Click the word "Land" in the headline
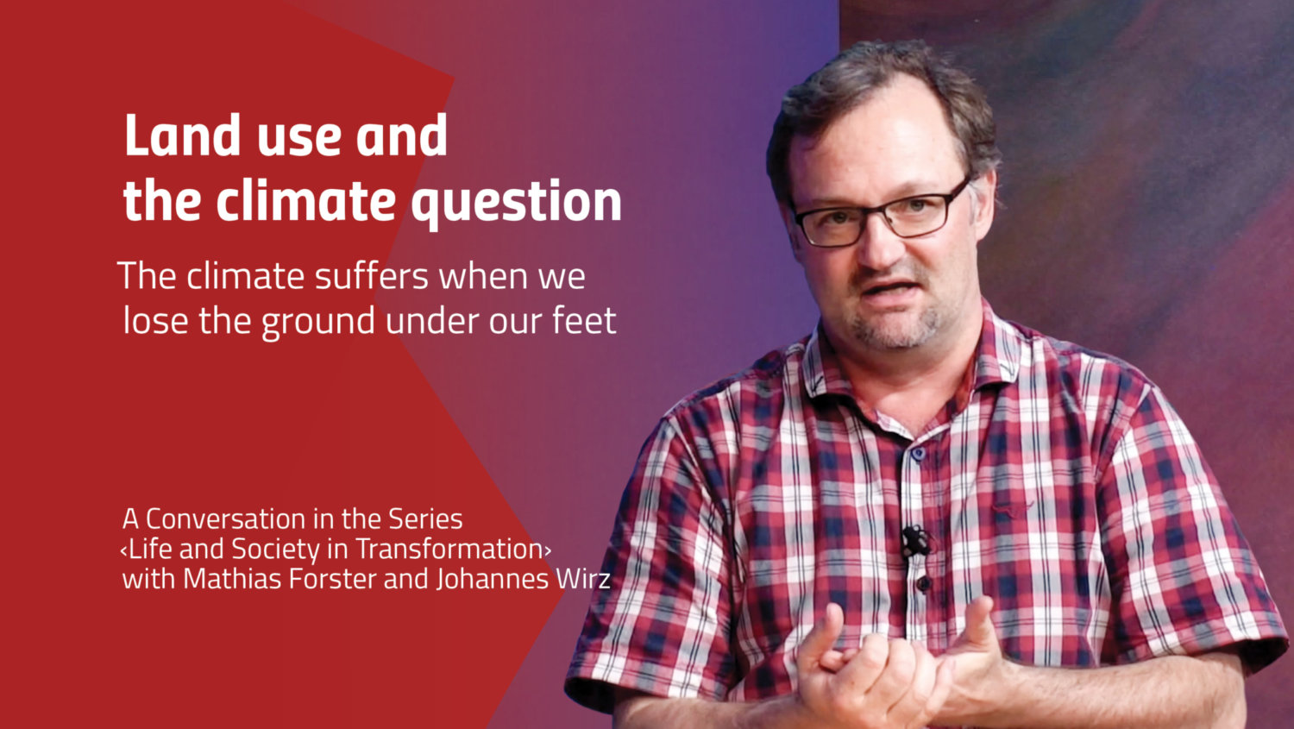pyautogui.click(x=182, y=135)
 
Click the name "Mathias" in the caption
pyautogui.click(x=233, y=579)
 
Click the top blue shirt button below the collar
pyautogui.click(x=919, y=453)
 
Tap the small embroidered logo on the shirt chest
pyautogui.click(x=1011, y=509)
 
